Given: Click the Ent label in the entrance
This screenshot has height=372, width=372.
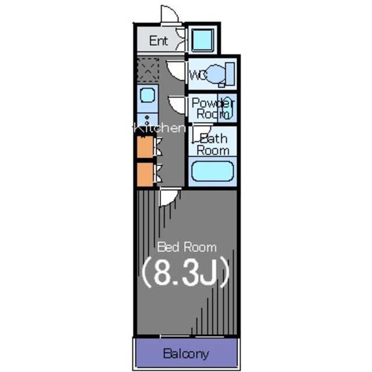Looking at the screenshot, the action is click(x=159, y=41).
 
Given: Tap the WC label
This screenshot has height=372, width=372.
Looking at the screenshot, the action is click(x=199, y=75).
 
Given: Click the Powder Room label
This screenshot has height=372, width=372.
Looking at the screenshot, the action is click(x=213, y=109).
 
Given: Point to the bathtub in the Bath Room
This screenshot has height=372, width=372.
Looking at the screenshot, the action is click(x=213, y=171).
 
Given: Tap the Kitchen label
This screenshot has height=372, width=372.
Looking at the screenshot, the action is click(x=159, y=128).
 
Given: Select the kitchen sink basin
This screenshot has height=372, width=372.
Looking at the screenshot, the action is click(x=147, y=95).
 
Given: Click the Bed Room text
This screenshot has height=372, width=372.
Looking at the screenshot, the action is click(x=187, y=247).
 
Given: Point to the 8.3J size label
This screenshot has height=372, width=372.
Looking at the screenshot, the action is click(x=185, y=272).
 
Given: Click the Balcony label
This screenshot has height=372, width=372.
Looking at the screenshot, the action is click(x=186, y=354).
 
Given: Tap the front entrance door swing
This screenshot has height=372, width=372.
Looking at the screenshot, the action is click(x=169, y=14).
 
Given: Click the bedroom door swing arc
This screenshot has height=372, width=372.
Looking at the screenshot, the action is click(x=169, y=198).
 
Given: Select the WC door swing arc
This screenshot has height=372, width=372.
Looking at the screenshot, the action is click(x=176, y=71).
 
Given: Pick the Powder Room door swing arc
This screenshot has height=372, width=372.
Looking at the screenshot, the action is click(x=177, y=105).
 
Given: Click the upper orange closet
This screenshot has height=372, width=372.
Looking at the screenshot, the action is click(x=145, y=147).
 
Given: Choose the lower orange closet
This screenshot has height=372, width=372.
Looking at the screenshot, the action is click(x=145, y=174).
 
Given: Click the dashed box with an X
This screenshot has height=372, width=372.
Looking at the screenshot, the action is click(x=148, y=70).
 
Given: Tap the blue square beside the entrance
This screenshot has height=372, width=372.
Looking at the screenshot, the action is click(x=202, y=40).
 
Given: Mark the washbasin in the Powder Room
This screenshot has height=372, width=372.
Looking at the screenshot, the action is click(x=227, y=108).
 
